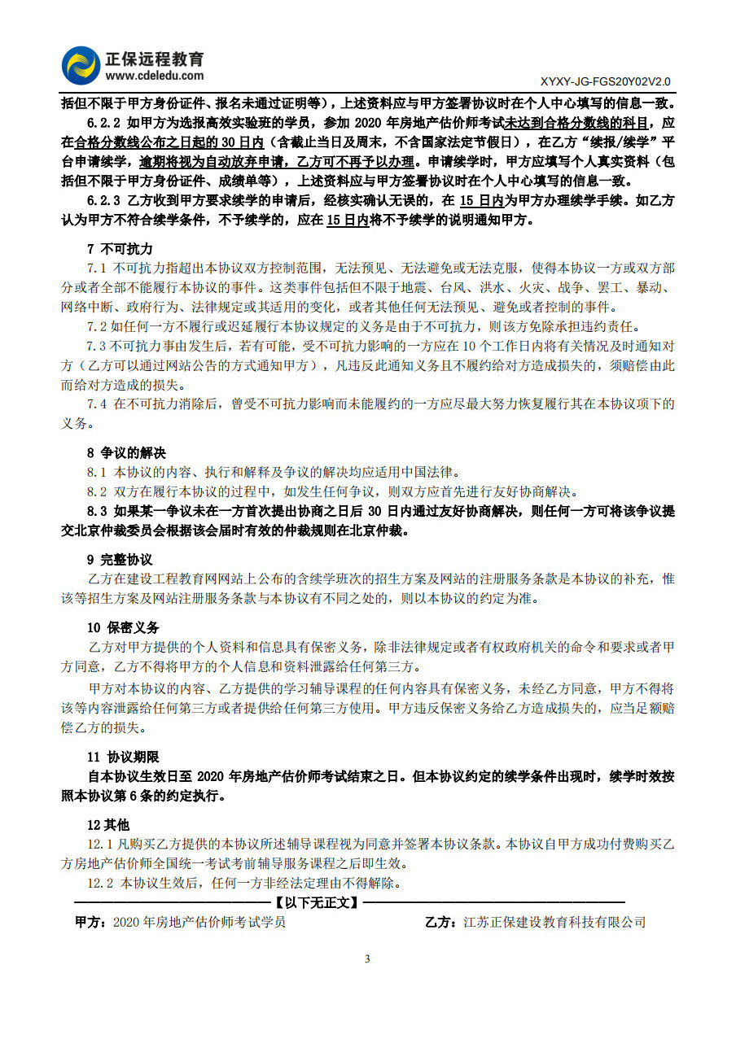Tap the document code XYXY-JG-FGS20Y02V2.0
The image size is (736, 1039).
pos(605,82)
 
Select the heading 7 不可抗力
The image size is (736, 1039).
pos(120,248)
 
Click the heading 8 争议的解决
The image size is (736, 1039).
pos(125,452)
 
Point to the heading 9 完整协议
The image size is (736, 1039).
pos(120,560)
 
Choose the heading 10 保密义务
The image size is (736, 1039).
pos(123,627)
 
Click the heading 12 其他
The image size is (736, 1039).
pos(108,824)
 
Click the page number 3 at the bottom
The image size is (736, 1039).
pos(367,958)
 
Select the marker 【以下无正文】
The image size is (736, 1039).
pos(316,902)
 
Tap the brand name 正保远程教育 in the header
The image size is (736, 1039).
pos(154,59)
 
